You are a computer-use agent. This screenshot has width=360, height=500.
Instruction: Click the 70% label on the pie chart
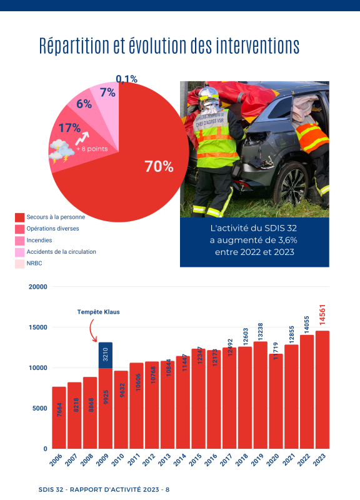pos(159,166)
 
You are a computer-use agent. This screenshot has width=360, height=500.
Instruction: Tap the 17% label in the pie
pos(69,128)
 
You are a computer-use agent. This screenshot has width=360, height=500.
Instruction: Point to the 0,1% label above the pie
pos(127,79)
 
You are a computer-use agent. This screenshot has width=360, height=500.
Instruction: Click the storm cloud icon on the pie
pos(61,151)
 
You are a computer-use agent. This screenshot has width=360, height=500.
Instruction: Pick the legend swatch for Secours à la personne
pos(20,217)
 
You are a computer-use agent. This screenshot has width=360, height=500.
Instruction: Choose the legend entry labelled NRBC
pos(34,263)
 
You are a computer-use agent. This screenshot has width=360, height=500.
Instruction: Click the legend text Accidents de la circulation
pos(61,252)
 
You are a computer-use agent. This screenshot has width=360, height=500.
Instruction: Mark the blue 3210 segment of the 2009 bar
pos(106,355)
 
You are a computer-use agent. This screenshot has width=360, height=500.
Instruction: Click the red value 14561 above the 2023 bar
pos(322,315)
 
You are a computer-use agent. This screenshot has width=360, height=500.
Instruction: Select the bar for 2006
pos(59,417)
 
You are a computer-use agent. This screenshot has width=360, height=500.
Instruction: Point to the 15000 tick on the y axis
pos(38,327)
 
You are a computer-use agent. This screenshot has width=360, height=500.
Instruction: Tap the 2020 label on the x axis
pos(272,460)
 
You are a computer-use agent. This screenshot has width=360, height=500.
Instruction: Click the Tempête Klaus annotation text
pos(99,312)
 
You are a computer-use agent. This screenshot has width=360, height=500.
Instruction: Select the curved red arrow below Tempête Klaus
pos(91,330)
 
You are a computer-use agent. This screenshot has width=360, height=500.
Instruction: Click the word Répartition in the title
pos(74,46)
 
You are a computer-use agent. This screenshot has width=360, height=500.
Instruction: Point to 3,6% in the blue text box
pos(287,241)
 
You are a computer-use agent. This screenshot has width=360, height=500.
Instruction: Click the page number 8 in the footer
pos(167,490)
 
